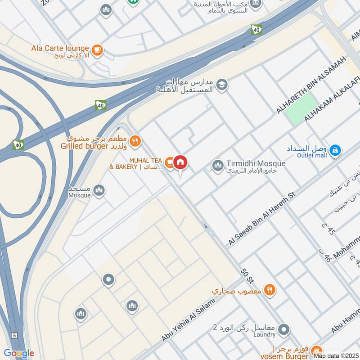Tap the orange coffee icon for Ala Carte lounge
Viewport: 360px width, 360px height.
point(97,49)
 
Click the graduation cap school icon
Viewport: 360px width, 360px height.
point(221,84)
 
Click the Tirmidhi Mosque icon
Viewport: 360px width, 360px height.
point(218,166)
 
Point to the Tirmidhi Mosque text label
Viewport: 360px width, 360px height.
point(256,164)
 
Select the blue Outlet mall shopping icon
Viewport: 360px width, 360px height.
point(335,151)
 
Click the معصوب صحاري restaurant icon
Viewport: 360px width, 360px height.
point(269,290)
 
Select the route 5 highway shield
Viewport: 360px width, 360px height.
point(14,335)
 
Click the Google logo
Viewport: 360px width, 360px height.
point(18,353)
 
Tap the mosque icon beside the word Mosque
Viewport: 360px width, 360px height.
point(99,190)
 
